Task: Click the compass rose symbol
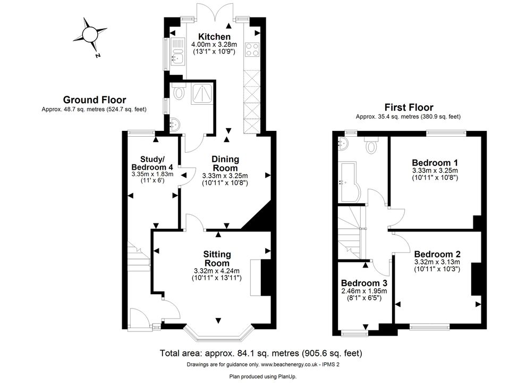tap(90, 35)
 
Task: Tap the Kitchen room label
tap(214, 37)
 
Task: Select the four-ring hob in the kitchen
tap(252, 49)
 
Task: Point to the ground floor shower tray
tap(202, 94)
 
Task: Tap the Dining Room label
tap(225, 163)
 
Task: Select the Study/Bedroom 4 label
tap(152, 163)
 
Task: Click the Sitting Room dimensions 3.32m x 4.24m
tap(217, 271)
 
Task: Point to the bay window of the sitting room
tap(218, 334)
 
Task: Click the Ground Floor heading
tap(95, 100)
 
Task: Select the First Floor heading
tap(409, 107)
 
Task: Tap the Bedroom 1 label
tap(435, 163)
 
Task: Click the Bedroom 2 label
tap(437, 254)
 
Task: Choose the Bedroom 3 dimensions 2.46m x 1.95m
tap(364, 291)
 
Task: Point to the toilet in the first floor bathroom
tap(371, 145)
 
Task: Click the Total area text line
tap(261, 353)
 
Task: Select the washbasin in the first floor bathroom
tap(343, 144)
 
